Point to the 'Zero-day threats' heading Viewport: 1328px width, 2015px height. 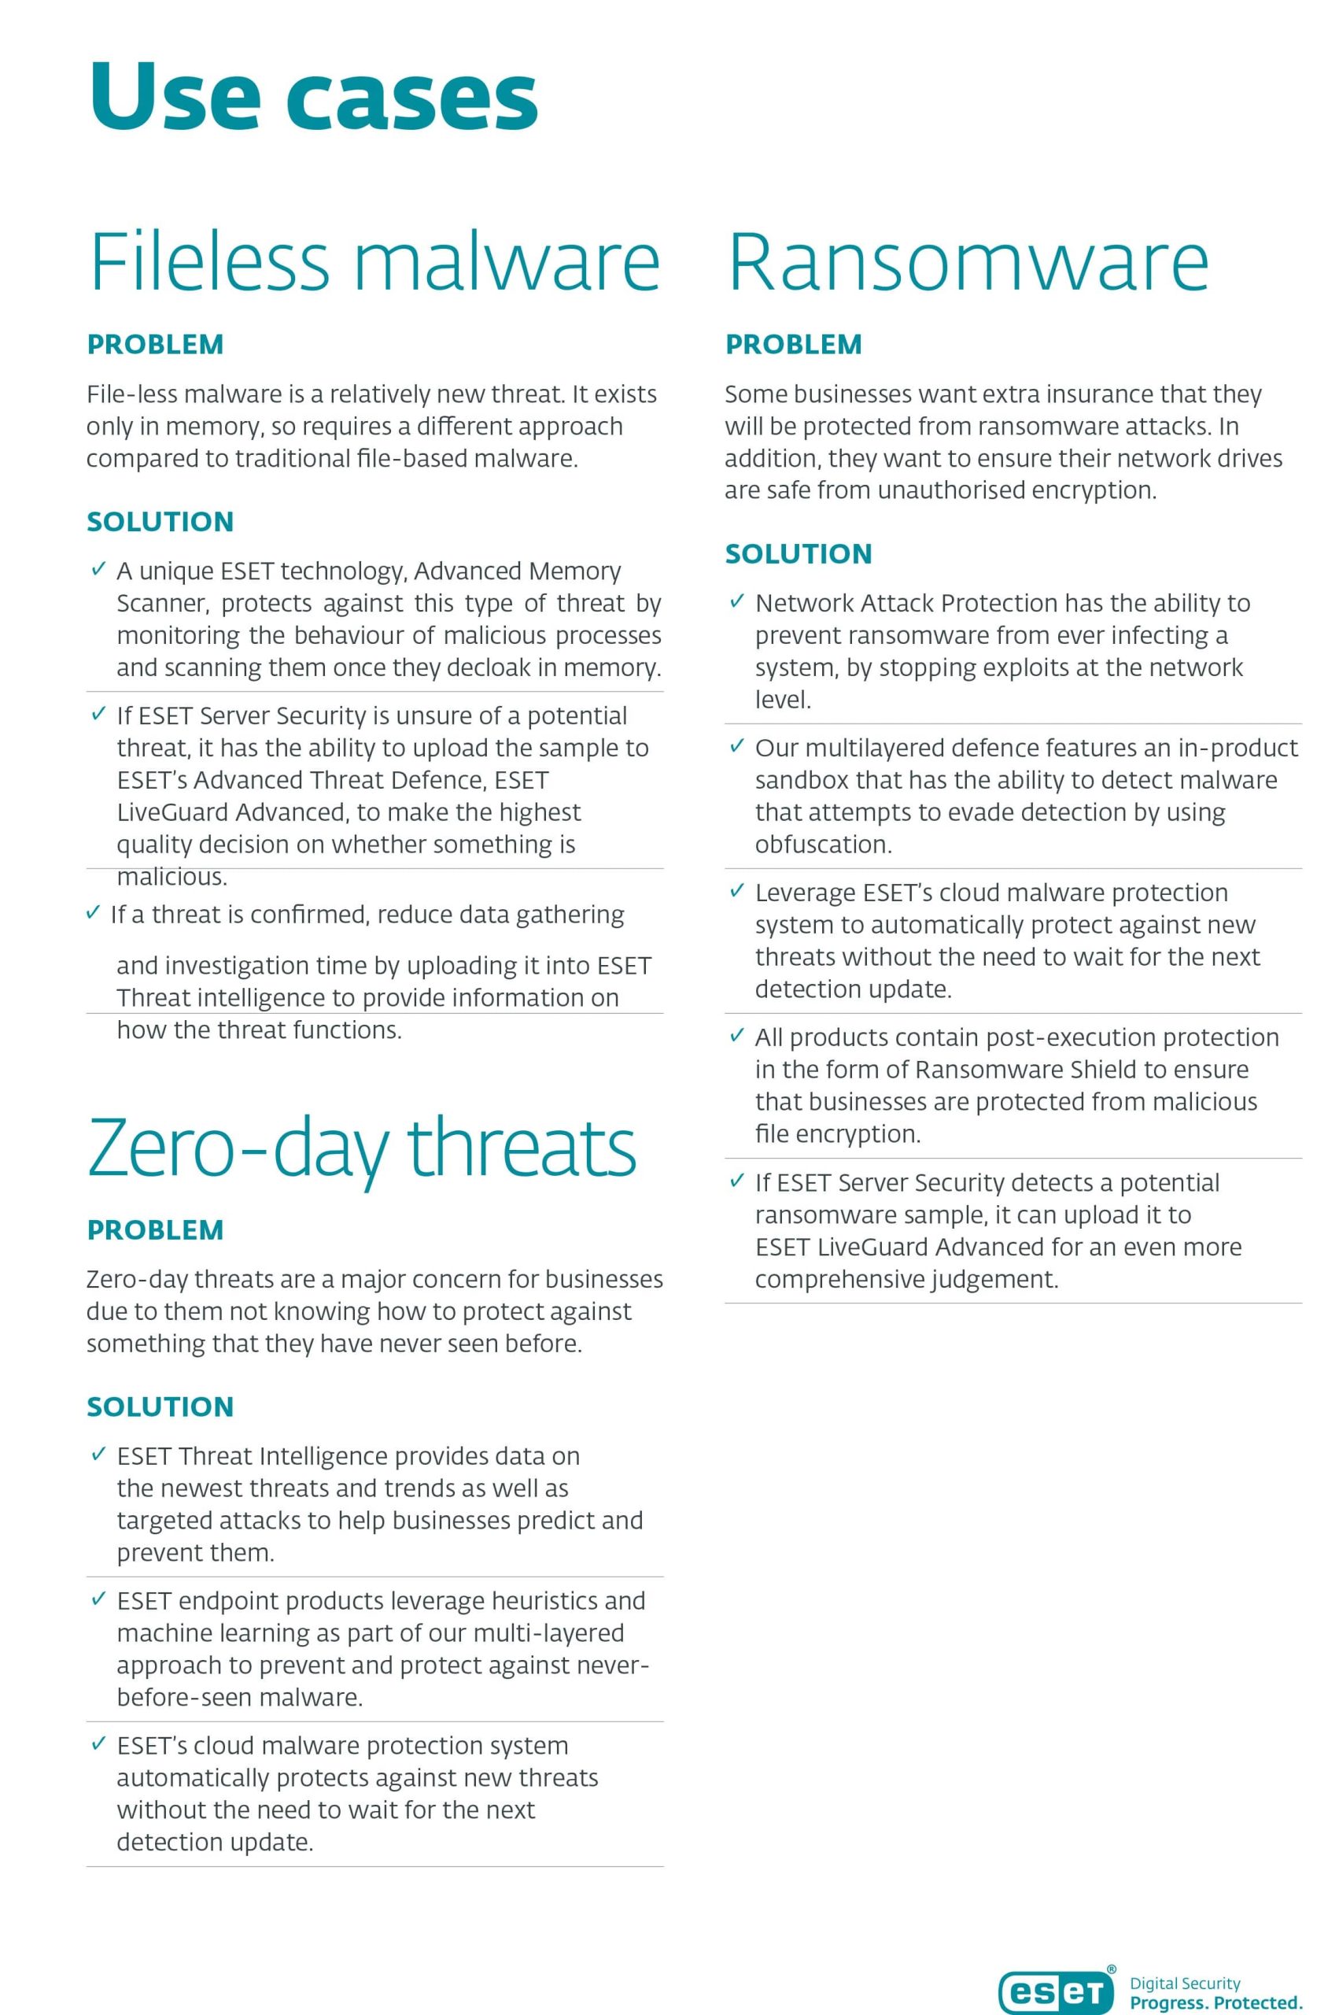click(x=362, y=1148)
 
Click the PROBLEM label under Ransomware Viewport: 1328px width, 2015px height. click(x=794, y=345)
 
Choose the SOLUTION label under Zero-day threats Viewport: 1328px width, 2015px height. click(x=160, y=1407)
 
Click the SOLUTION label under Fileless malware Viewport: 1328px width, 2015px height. click(x=160, y=522)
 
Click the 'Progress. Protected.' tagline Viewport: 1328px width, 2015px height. click(x=1215, y=2002)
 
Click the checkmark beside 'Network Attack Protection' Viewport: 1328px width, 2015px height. click(x=737, y=601)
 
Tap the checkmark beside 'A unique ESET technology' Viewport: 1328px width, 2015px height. click(x=98, y=569)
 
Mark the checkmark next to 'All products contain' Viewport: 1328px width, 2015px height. click(x=737, y=1036)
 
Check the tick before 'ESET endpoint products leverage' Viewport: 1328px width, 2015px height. click(x=98, y=1599)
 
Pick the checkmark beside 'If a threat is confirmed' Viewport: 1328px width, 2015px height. click(x=93, y=914)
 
